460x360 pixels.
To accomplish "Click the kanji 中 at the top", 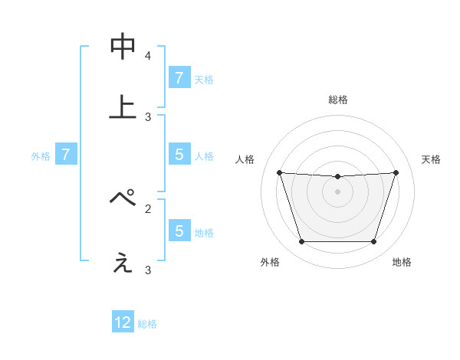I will [123, 47].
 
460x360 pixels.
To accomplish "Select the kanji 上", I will [123, 107].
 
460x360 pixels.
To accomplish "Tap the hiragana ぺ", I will [123, 198].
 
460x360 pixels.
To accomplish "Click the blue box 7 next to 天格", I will [179, 78].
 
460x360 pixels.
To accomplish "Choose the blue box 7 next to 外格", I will [66, 155].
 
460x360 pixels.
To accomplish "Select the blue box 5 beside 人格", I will [179, 155].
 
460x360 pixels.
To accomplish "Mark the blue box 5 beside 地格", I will [179, 231].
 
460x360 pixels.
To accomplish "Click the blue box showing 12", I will [123, 322].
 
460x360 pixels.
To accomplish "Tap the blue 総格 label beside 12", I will [148, 324].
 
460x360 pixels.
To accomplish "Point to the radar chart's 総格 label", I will [337, 100].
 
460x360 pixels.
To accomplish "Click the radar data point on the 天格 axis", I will [396, 172].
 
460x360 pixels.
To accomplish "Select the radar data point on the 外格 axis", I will [301, 242].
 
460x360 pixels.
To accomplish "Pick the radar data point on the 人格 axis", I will [279, 172].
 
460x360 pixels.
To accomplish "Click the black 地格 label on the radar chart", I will [402, 263].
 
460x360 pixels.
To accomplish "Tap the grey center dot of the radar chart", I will [337, 191].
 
